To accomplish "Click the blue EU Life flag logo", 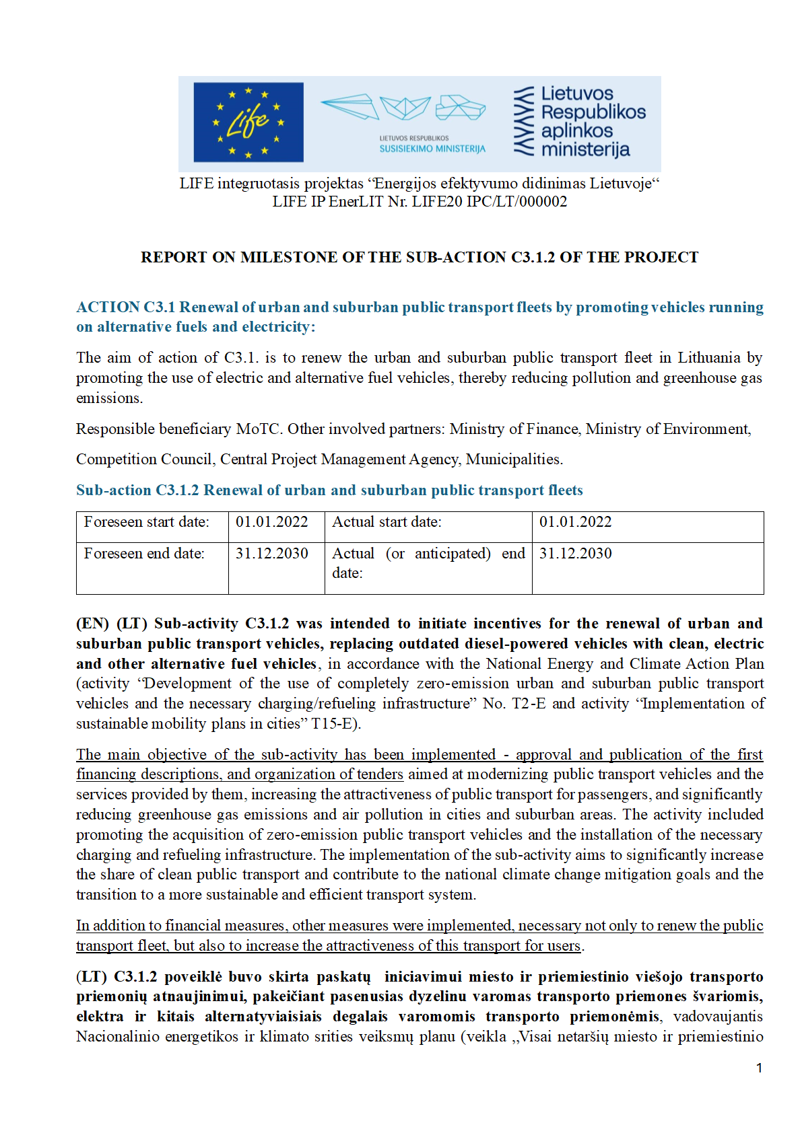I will [248, 122].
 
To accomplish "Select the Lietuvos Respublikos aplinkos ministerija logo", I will [580, 122].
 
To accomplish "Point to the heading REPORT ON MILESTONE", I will [419, 257].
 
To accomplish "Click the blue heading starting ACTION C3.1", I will [419, 317].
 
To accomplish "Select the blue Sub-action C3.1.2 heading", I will [329, 490].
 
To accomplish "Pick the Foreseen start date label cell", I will [146, 522].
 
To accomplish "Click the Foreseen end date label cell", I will [144, 554].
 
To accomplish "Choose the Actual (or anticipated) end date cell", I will [428, 563].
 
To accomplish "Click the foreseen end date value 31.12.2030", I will [271, 554].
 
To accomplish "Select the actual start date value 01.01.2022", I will [575, 522].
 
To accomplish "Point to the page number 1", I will [759, 1068].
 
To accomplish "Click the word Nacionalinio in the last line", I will [119, 1037].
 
